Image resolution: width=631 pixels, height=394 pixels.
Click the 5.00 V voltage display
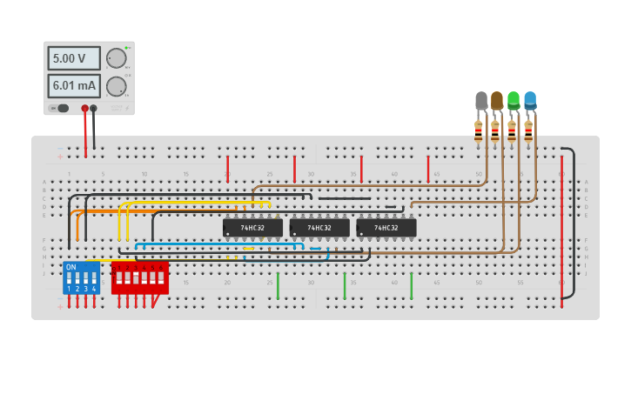point(74,58)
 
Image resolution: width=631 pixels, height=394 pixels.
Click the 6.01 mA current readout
point(74,86)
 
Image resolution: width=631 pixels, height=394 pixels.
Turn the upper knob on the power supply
point(116,58)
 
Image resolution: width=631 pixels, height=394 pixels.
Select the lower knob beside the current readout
point(116,86)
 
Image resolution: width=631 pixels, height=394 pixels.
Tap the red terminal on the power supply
point(84,109)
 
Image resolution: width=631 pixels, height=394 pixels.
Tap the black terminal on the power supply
point(93,109)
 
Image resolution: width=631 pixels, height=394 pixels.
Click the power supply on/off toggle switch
point(62,108)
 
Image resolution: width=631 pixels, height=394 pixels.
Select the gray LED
point(481,101)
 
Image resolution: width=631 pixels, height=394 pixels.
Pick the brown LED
point(497,101)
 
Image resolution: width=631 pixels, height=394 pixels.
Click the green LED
point(514,100)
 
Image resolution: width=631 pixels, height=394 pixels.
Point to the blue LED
point(530,100)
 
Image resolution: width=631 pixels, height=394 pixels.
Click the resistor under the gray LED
point(478,131)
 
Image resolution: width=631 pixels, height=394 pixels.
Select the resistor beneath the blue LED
point(527,131)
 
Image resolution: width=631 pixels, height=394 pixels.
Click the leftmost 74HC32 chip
point(252,228)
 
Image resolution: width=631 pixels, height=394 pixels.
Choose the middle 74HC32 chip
point(319,228)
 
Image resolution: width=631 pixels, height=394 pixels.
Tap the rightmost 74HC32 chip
point(386,228)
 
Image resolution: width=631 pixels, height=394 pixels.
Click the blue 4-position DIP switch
point(81,277)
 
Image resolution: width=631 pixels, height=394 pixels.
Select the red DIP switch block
point(139,277)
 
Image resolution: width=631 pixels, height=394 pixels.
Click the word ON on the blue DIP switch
point(70,267)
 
